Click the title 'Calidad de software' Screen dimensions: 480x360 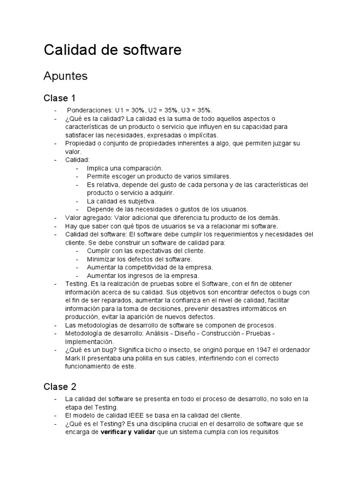[112, 50]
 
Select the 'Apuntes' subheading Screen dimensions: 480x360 [65, 76]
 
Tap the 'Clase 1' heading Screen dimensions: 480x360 [60, 98]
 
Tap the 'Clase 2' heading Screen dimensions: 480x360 [60, 387]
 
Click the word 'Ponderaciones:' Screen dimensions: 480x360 [90, 110]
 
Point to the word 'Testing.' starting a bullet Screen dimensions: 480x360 [77, 284]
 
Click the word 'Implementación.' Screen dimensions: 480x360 [89, 342]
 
